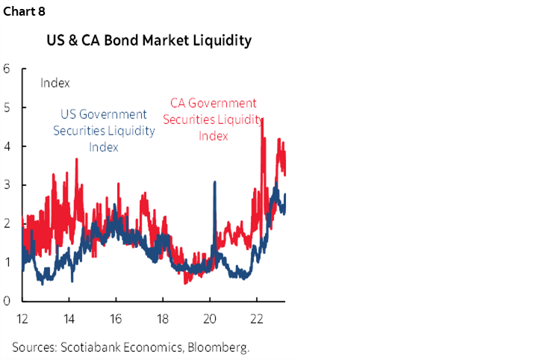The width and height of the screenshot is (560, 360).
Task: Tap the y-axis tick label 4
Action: (x=6, y=146)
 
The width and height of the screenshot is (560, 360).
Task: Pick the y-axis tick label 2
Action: (x=6, y=223)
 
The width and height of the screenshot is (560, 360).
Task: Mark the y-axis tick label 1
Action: (x=6, y=262)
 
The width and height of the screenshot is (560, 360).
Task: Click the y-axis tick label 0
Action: (x=6, y=301)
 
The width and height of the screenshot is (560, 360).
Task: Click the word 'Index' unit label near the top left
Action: (x=55, y=83)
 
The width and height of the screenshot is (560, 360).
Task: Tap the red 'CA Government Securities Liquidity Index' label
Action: (x=213, y=120)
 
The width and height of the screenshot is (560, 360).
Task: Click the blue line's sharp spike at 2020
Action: (x=215, y=182)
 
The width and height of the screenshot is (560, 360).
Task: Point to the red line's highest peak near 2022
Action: (x=262, y=119)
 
